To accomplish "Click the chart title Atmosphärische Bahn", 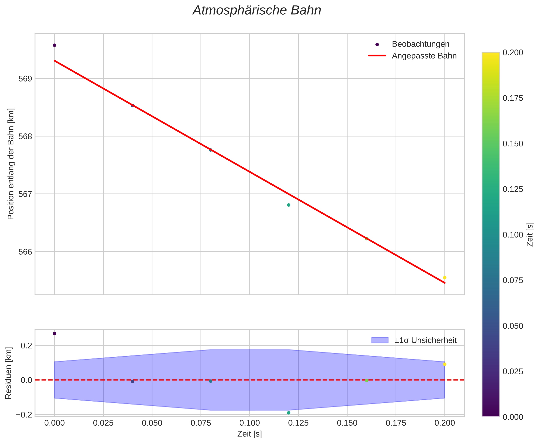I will coord(257,11).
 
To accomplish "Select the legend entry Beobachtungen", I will coord(420,44).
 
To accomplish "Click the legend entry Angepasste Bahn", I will coord(424,56).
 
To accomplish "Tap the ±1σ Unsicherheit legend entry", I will coord(425,340).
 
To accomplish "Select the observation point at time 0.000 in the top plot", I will coord(54,45).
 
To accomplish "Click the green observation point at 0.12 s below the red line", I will coord(289,205).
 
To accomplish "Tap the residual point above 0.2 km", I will coord(54,334).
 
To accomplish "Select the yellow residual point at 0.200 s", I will coord(444,364).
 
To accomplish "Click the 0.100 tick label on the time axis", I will coord(249,423).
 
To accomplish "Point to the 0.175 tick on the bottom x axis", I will coord(396,423).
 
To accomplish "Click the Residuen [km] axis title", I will coord(8,373).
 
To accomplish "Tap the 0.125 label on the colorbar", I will coord(513,189).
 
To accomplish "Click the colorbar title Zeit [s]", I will coord(530,234).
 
